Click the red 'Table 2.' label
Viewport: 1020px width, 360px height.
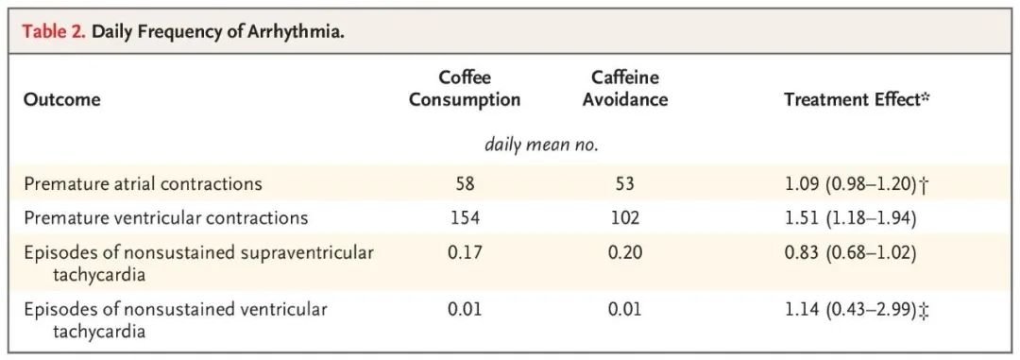coord(55,32)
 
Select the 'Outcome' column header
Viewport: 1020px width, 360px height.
coord(61,100)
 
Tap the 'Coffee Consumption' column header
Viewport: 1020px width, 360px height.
coord(465,89)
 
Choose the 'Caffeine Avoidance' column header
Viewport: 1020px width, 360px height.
coord(625,89)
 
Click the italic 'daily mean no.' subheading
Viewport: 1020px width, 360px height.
coord(541,146)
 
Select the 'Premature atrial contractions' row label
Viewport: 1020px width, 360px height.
coord(144,183)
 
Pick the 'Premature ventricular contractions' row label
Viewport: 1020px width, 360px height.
coord(166,217)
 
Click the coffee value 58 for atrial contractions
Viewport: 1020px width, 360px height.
coord(465,184)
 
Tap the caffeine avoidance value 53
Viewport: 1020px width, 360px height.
coord(624,184)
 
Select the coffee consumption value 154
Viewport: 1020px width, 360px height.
coord(465,218)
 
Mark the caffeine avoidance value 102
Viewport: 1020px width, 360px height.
coord(624,218)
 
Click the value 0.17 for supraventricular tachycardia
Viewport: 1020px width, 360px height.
coord(465,252)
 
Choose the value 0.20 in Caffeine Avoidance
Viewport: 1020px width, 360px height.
coord(624,252)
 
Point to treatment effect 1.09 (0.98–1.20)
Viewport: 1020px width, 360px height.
coord(851,184)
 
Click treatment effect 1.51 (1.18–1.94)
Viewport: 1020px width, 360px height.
coord(851,218)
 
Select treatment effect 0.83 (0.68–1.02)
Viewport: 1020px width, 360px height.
coord(851,252)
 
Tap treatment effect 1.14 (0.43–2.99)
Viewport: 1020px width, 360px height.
coord(851,309)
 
